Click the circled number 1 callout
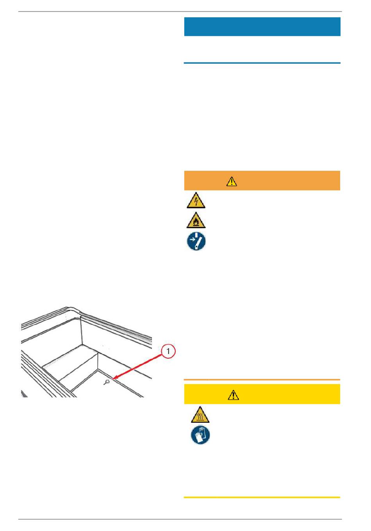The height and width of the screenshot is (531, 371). point(168,351)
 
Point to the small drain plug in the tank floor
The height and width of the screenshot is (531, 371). point(107,382)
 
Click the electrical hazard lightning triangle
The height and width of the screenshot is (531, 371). point(196,200)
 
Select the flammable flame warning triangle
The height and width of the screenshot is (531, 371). point(196,220)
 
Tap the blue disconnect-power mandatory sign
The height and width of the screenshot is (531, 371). point(196,241)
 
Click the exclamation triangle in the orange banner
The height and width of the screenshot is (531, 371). point(232,181)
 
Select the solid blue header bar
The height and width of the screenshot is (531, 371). point(262,27)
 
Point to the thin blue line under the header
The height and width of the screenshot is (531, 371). point(262,63)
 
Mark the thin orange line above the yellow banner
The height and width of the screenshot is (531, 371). point(262,379)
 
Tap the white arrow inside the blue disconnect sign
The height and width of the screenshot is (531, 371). point(194,239)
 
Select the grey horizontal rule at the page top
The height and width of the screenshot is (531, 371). point(180,11)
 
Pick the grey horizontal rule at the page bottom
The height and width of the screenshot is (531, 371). point(180,519)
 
